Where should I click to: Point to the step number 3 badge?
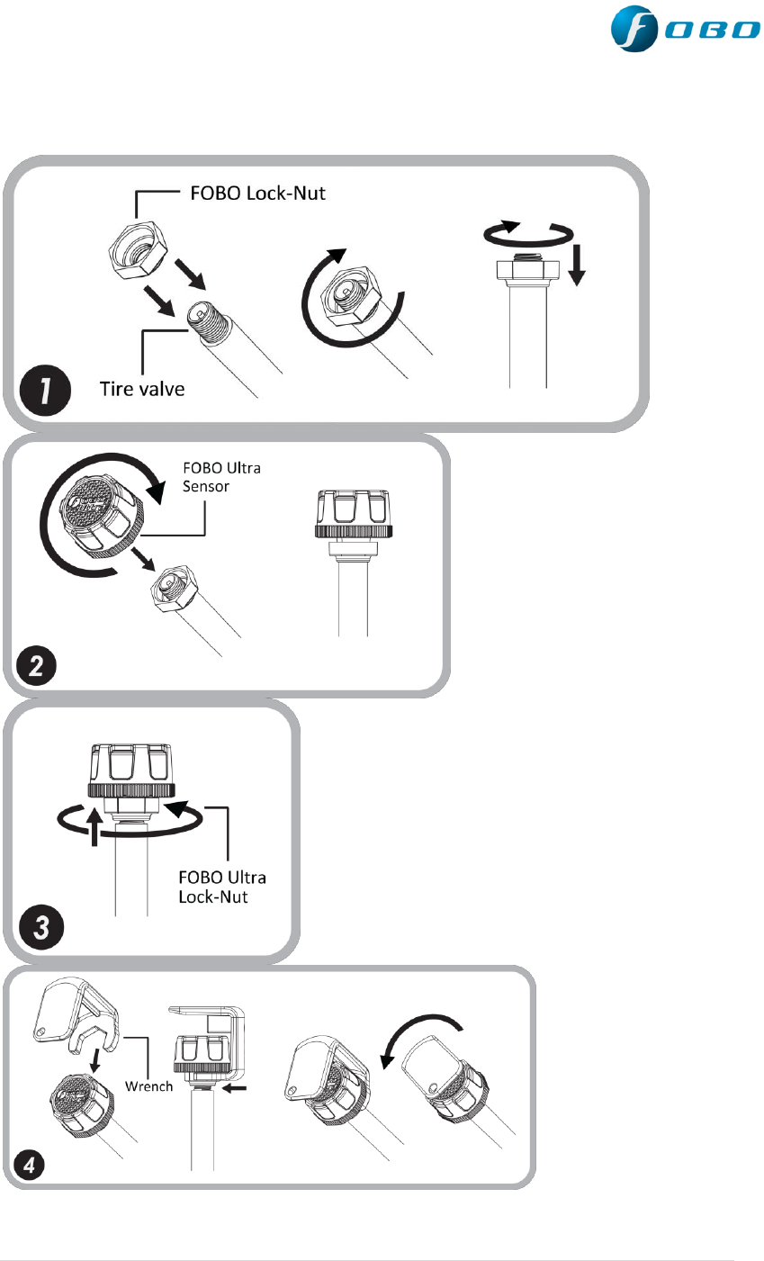click(x=40, y=928)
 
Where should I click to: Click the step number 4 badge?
click(x=31, y=1165)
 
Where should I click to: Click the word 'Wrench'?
click(x=149, y=1086)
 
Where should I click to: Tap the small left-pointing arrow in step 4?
click(x=232, y=1087)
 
